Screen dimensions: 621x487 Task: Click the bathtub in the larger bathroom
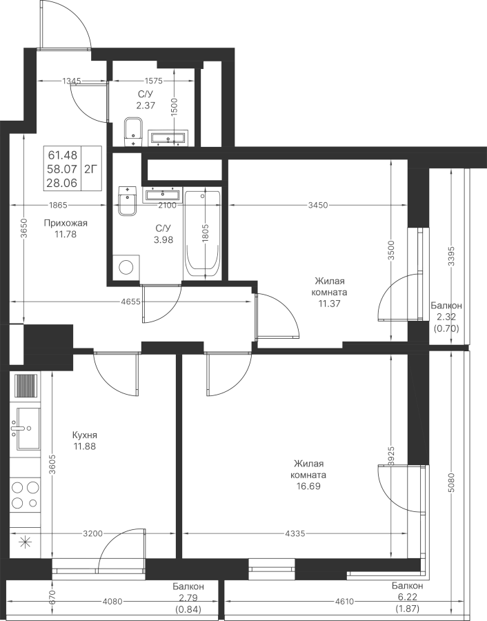pos(203,235)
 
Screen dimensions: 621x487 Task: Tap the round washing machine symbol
pos(126,268)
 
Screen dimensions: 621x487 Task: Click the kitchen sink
pos(26,428)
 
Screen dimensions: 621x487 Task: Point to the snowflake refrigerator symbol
pos(25,542)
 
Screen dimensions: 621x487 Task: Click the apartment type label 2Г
pos(90,168)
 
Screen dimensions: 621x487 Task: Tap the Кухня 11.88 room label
pos(84,441)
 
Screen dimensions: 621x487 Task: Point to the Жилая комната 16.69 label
pos(308,475)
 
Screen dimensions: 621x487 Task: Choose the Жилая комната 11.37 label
pos(329,292)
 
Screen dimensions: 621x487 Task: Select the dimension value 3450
pos(317,205)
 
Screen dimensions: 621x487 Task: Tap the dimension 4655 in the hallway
pos(130,302)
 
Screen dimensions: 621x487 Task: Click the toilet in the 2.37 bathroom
pos(132,130)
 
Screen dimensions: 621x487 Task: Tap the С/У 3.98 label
pos(163,234)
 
